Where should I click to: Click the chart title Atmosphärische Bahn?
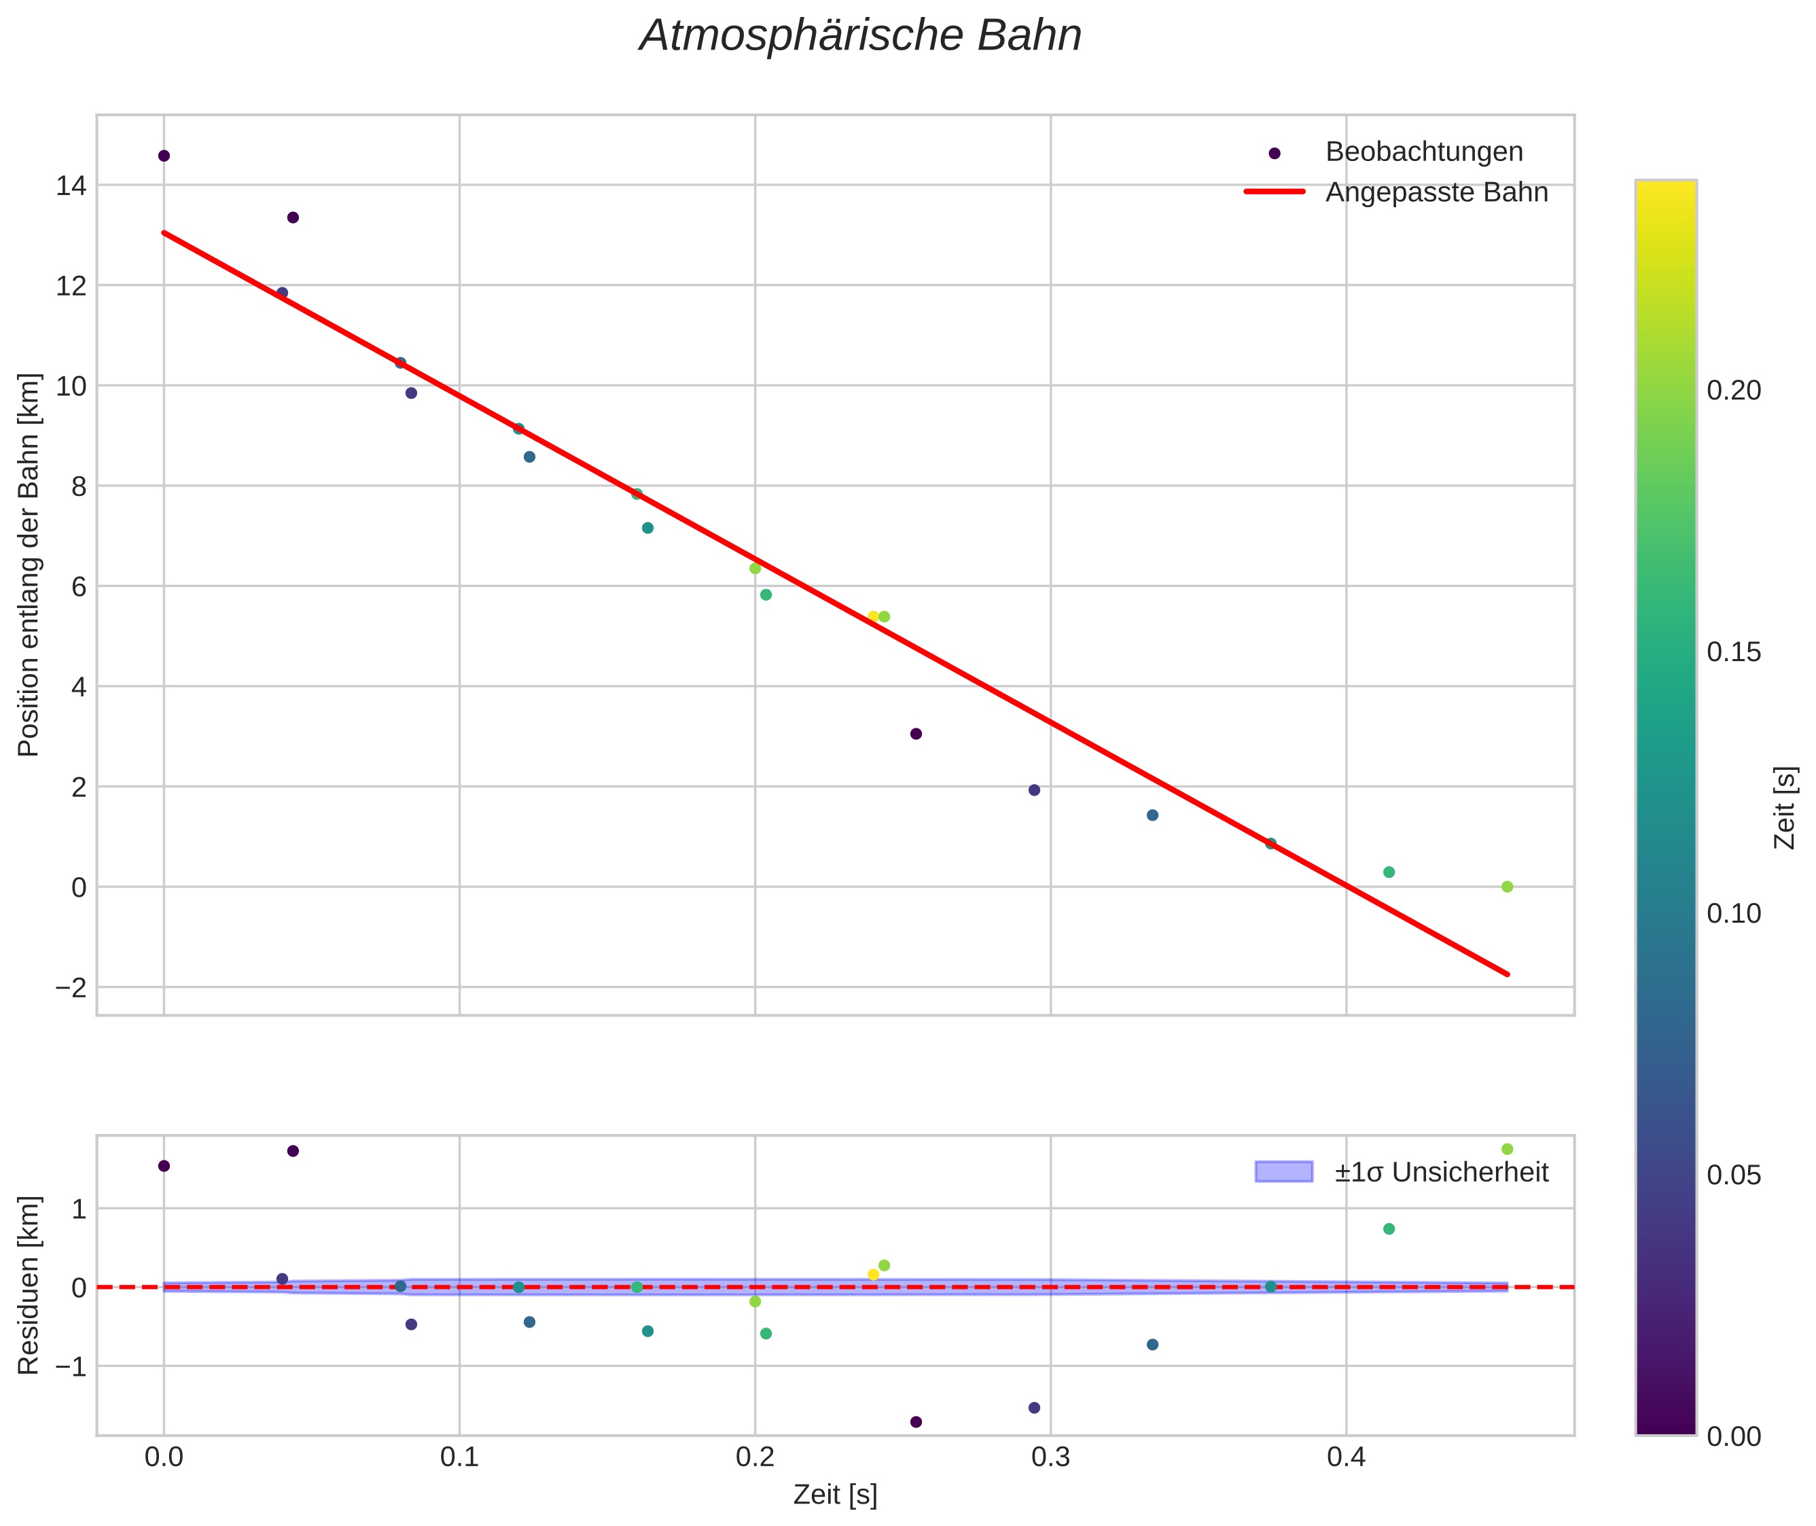[860, 36]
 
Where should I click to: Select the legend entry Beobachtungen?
[1423, 152]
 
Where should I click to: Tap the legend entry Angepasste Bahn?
[1436, 192]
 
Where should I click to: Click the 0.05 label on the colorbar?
[1733, 1175]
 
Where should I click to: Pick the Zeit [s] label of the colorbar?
[1784, 807]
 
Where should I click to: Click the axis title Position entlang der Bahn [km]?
[29, 565]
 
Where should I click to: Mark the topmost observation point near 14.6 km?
[164, 156]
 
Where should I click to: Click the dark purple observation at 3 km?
[916, 734]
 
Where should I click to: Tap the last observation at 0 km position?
[1507, 887]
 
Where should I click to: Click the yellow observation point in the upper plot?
[873, 616]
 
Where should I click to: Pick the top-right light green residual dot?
[1507, 1149]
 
